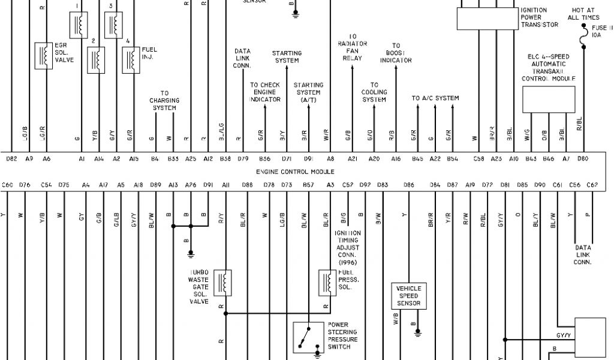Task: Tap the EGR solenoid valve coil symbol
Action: pos(43,56)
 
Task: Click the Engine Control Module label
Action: pos(294,172)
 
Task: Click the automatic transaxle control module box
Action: pos(549,99)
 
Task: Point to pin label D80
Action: pos(582,159)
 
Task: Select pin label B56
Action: pos(264,159)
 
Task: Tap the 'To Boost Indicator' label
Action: pos(396,53)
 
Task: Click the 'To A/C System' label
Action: pos(435,98)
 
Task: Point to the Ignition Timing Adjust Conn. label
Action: pos(348,247)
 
